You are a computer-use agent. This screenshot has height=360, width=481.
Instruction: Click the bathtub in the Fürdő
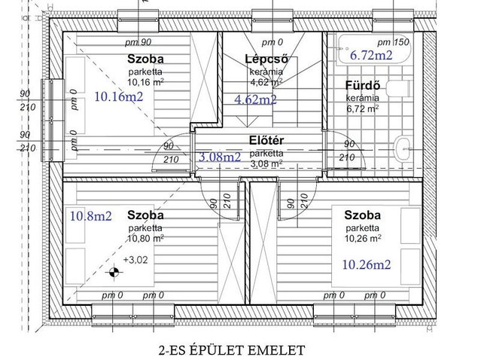[373, 49]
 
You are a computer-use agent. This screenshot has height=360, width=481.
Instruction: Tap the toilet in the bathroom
[398, 89]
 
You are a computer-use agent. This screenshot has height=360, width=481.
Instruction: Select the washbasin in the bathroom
[403, 149]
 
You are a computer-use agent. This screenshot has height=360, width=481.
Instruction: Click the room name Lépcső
[266, 59]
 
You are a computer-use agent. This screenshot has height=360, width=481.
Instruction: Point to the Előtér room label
[266, 140]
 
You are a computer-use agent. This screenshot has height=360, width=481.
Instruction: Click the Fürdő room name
[363, 85]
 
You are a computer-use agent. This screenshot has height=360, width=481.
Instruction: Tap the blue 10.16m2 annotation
[119, 97]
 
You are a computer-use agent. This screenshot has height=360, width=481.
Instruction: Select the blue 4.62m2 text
[255, 99]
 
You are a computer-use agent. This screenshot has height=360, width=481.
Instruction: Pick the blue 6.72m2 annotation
[371, 55]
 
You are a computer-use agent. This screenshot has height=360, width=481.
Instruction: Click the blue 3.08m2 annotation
[220, 157]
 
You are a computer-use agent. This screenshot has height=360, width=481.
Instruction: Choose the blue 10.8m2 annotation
[91, 216]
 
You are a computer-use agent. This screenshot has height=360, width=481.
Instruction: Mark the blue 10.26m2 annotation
[367, 264]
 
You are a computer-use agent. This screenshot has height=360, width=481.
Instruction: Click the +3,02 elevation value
[135, 260]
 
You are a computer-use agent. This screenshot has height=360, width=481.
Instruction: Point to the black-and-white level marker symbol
[114, 272]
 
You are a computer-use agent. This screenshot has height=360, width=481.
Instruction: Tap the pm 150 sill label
[393, 42]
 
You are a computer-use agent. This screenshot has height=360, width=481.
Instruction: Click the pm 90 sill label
[138, 42]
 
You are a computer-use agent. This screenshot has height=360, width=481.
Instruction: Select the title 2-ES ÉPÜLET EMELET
[232, 350]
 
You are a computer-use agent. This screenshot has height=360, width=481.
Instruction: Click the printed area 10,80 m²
[146, 238]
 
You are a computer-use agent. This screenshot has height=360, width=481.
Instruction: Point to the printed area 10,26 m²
[363, 238]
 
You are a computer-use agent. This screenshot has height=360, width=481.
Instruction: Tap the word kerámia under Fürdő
[363, 98]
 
